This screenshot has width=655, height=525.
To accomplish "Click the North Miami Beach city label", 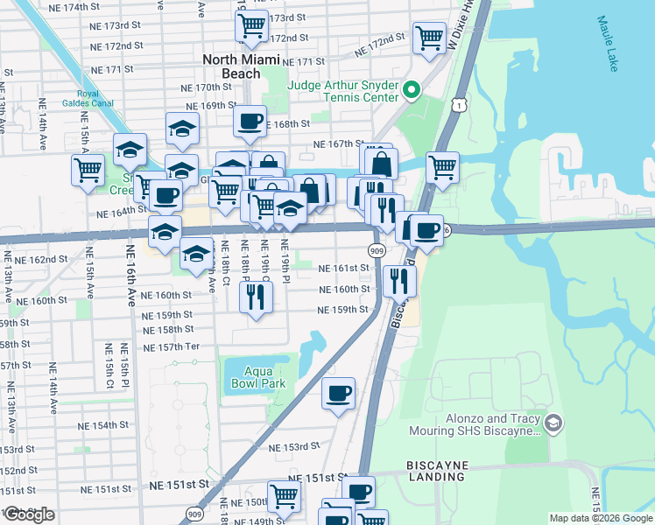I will click(x=243, y=66).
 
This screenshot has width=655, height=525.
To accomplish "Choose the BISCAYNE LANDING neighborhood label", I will click(x=437, y=471).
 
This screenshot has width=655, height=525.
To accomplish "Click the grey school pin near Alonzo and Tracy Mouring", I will click(x=553, y=424).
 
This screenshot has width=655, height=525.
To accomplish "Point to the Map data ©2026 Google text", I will click(x=600, y=518).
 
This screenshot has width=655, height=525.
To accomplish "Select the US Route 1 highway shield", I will click(x=458, y=105).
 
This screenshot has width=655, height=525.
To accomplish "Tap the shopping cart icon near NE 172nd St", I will click(x=429, y=38).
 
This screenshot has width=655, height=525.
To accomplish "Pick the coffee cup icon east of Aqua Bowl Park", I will click(x=338, y=394).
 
